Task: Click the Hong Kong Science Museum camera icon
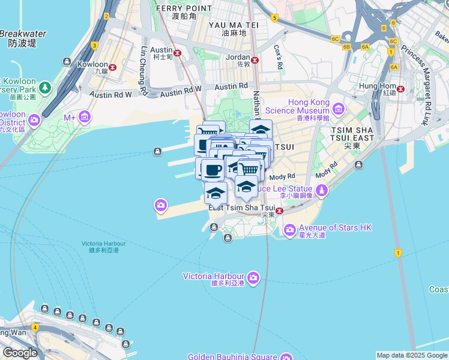(339, 109)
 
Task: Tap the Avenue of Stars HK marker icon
(289, 229)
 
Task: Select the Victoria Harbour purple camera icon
(253, 277)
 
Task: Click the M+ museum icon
(85, 116)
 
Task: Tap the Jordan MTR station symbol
(255, 59)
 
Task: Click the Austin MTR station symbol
(177, 52)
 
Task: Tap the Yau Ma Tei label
(233, 25)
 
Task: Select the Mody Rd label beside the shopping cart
(282, 176)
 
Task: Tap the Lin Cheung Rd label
(143, 71)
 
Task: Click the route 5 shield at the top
(274, 19)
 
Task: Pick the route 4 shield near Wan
(35, 328)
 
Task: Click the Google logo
(19, 353)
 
